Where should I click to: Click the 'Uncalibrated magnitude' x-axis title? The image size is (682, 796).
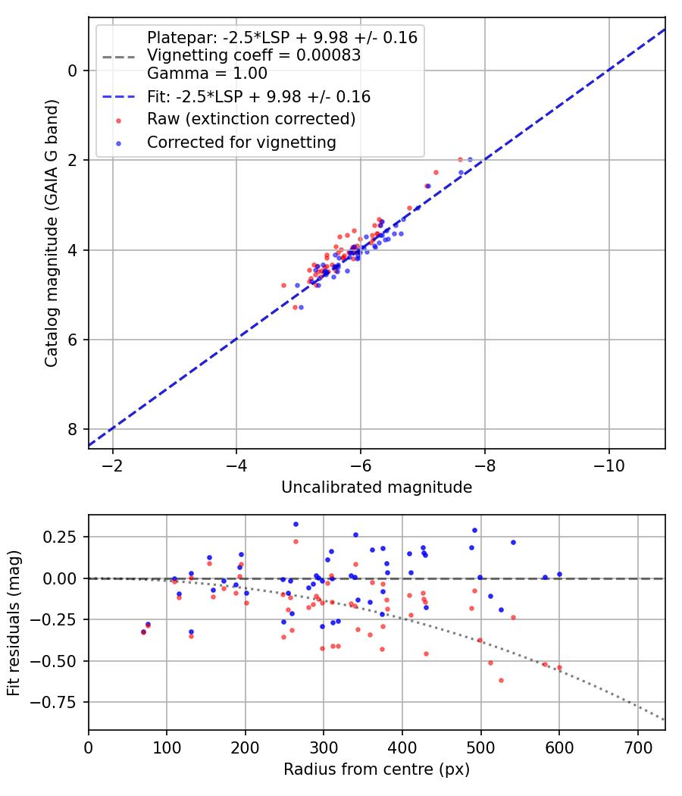coord(377,487)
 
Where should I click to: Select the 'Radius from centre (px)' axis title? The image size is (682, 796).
coord(377,769)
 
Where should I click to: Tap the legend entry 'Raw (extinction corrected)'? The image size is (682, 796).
coord(251,119)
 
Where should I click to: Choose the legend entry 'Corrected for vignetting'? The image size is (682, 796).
coord(241,142)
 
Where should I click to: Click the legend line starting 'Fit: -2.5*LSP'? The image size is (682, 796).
coord(258,97)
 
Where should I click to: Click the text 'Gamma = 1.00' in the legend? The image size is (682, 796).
coord(207,74)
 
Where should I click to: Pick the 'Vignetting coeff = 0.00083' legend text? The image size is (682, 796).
coord(253,56)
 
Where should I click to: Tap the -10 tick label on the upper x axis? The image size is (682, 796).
coord(608,463)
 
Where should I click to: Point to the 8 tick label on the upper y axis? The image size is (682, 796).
coord(74,429)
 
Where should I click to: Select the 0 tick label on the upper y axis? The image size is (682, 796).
coord(74,71)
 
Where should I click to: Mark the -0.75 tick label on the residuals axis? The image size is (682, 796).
coord(61,702)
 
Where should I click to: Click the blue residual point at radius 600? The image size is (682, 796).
coord(559,575)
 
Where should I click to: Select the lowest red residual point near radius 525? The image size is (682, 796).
coord(501,680)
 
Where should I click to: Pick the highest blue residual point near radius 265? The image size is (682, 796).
coord(296,524)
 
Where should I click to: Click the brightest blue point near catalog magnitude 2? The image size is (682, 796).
coord(470,160)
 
